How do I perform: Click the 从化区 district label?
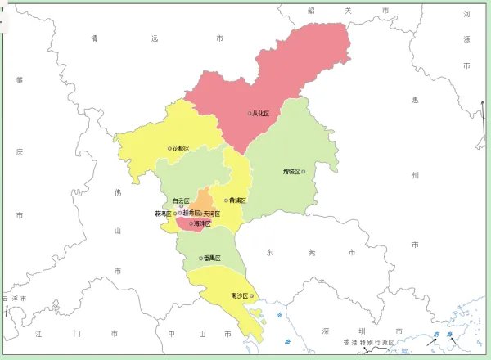pyautogui.click(x=262, y=114)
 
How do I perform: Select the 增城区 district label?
pyautogui.click(x=291, y=172)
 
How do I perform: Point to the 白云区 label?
pyautogui.click(x=181, y=200)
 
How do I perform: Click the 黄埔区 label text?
pyautogui.click(x=238, y=200)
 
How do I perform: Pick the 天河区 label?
pyautogui.click(x=212, y=214)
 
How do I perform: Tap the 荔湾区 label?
pyautogui.click(x=163, y=214)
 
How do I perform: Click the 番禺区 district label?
pyautogui.click(x=213, y=259)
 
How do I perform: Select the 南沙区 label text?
pyautogui.click(x=240, y=296)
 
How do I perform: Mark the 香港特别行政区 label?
pyautogui.click(x=368, y=343)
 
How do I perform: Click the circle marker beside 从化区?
pyautogui.click(x=250, y=114)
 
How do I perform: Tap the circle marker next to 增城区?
pyautogui.click(x=303, y=172)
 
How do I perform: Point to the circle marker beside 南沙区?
pyautogui.click(x=251, y=296)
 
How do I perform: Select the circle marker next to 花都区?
pyautogui.click(x=170, y=149)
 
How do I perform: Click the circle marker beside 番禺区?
pyautogui.click(x=201, y=259)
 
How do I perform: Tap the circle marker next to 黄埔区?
pyautogui.click(x=227, y=200)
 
